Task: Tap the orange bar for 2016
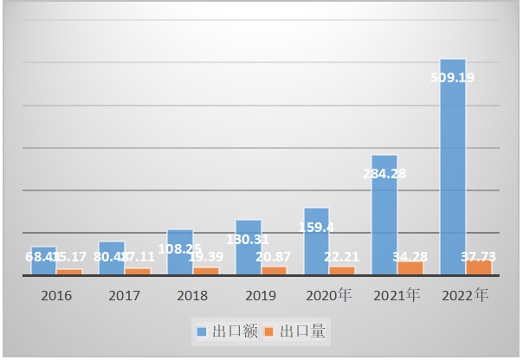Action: [x=69, y=272]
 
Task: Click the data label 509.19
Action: [x=452, y=77]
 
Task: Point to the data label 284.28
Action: [x=384, y=173]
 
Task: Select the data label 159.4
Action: [x=315, y=228]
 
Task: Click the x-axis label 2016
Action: [x=56, y=296]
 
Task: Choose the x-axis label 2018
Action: [x=192, y=296]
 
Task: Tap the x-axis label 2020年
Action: [x=329, y=296]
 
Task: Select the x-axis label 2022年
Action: [x=466, y=296]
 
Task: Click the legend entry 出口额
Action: [x=227, y=331]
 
